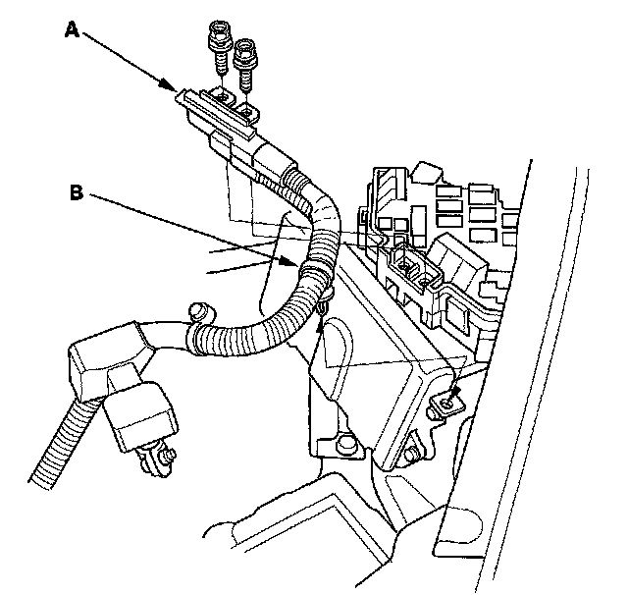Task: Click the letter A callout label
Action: coord(71,29)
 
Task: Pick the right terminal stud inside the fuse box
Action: coord(425,278)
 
